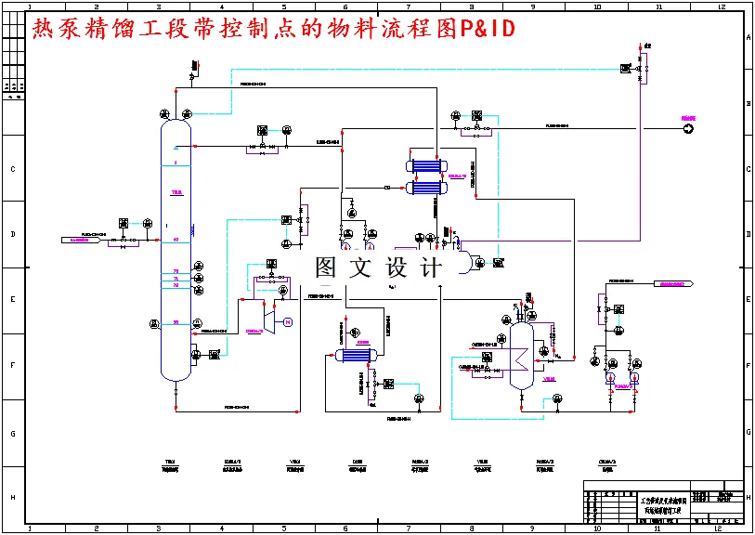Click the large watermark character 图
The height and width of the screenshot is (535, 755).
326,268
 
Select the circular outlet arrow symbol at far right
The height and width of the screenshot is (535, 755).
688,129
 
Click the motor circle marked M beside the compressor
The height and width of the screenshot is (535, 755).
287,322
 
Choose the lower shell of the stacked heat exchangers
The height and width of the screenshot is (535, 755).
424,188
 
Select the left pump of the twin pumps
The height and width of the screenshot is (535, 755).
610,378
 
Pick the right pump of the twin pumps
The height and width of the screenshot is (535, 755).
634,378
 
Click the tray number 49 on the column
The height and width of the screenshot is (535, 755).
175,241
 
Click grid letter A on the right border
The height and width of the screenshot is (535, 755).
748,37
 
